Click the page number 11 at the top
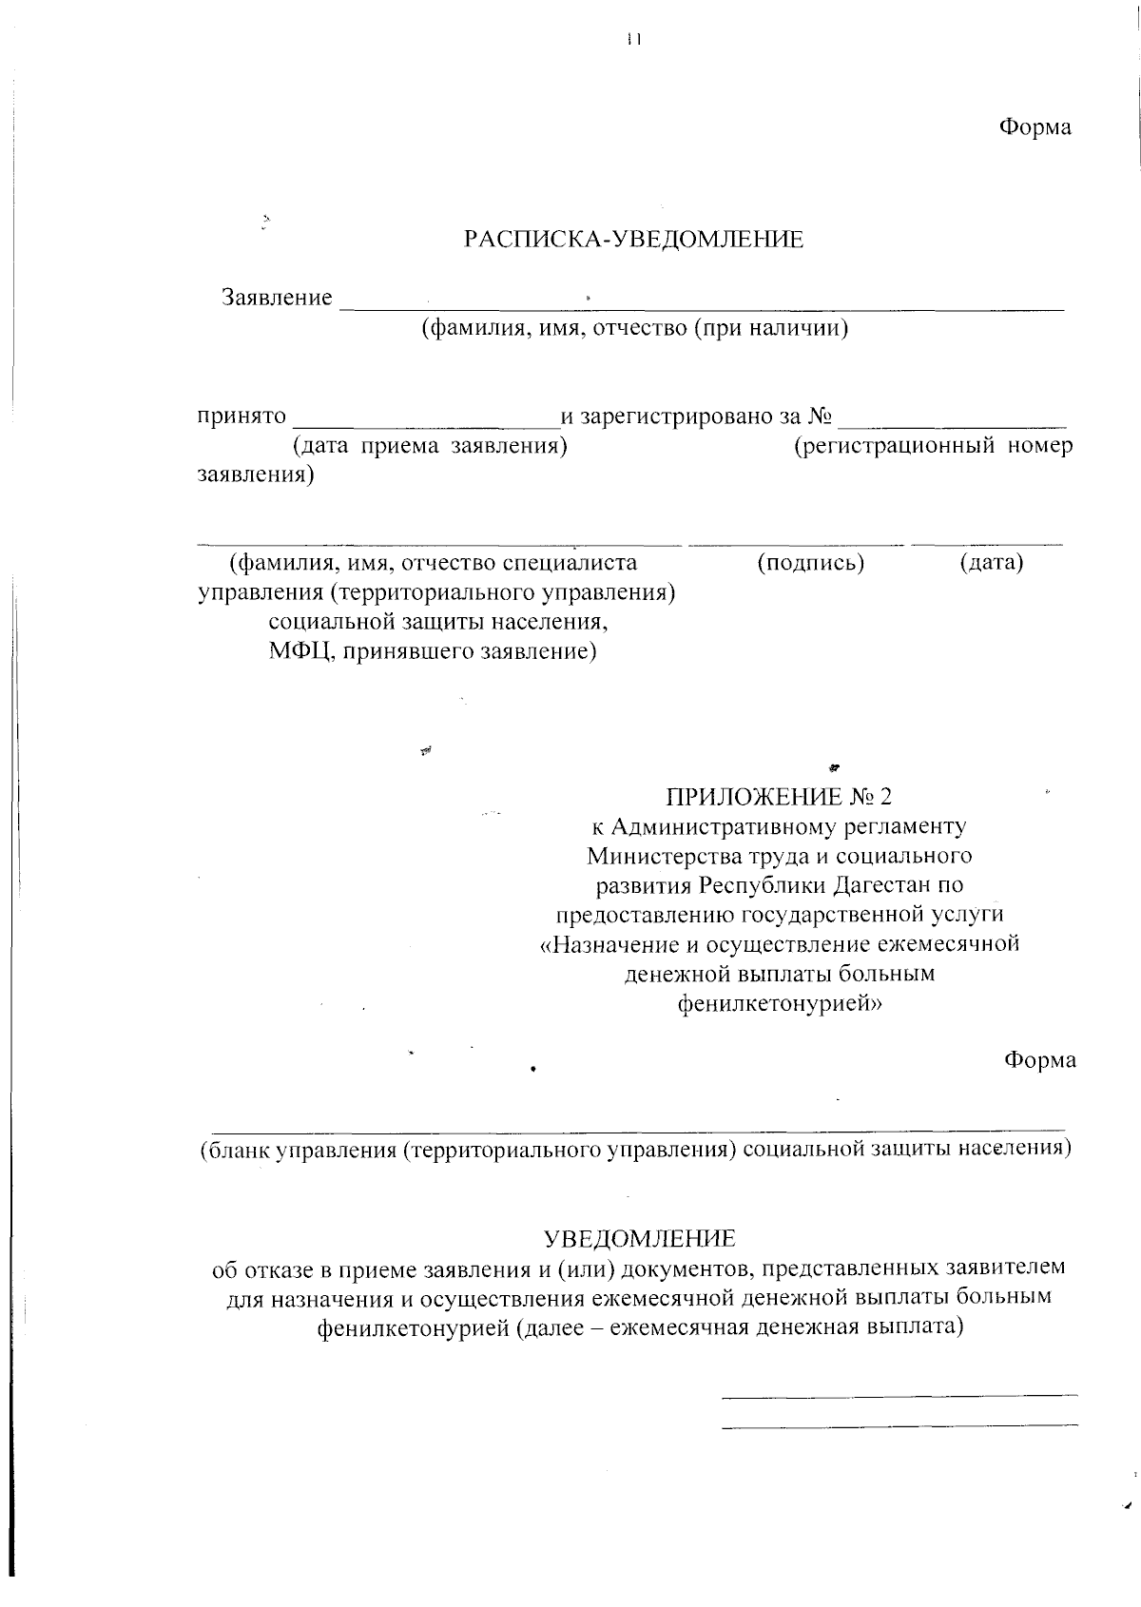pos(634,40)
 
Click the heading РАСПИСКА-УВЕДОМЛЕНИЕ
pos(633,240)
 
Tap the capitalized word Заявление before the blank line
pos(277,298)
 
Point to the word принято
pos(242,416)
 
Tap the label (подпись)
pos(810,563)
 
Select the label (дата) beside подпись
pos(992,563)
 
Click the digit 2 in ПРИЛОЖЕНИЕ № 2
pos(886,796)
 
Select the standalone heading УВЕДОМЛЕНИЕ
pos(639,1239)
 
